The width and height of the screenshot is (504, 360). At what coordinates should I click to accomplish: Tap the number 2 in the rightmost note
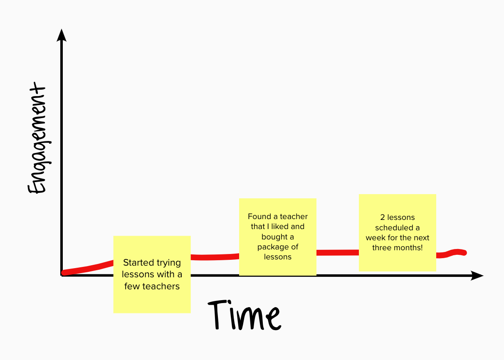(x=383, y=217)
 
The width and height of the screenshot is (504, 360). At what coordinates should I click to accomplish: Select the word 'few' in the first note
(x=132, y=286)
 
